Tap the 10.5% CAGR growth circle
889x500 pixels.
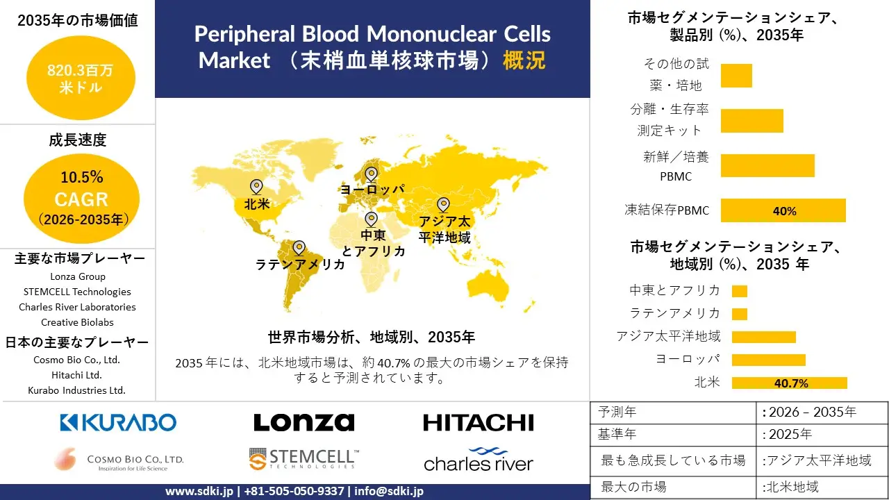tap(81, 199)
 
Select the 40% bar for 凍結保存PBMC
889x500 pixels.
tap(783, 210)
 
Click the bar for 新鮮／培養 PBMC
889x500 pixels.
tap(767, 166)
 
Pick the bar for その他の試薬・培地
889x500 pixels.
tap(736, 76)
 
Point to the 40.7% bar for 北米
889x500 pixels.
tap(790, 383)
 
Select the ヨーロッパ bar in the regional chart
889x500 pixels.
tap(769, 360)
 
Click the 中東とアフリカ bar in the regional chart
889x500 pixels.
tap(740, 291)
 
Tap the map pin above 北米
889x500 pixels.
tap(256, 186)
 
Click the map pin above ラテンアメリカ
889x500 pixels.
tap(299, 247)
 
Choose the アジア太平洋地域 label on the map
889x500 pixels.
tap(444, 229)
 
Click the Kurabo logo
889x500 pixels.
tap(118, 422)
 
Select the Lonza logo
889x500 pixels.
tap(304, 422)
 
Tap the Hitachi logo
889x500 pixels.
tap(478, 422)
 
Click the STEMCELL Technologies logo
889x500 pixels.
tap(304, 459)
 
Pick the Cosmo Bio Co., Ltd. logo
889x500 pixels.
tap(119, 459)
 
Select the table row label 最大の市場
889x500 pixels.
tap(633, 486)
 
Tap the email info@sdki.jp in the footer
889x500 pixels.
tap(389, 491)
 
